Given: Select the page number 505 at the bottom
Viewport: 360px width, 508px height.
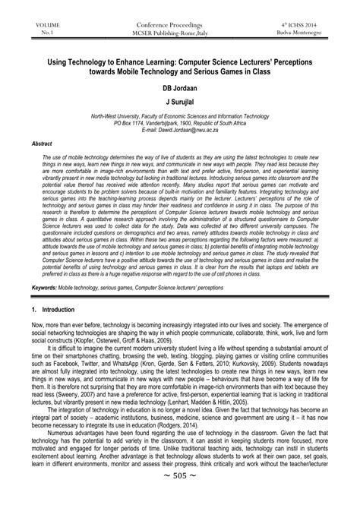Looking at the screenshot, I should click(x=180, y=497).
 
